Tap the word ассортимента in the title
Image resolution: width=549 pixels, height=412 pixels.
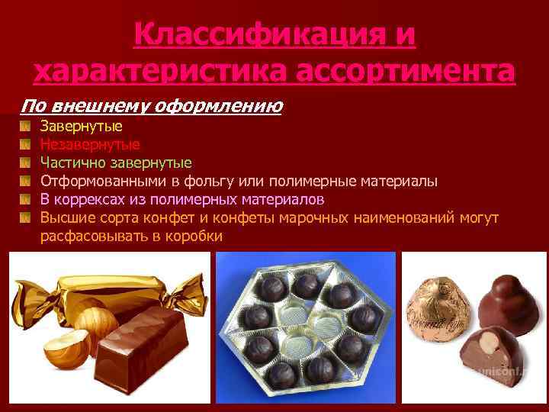tap(405, 72)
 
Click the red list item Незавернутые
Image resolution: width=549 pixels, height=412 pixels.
tap(90, 143)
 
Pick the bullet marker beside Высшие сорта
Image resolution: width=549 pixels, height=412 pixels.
tap(25, 218)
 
